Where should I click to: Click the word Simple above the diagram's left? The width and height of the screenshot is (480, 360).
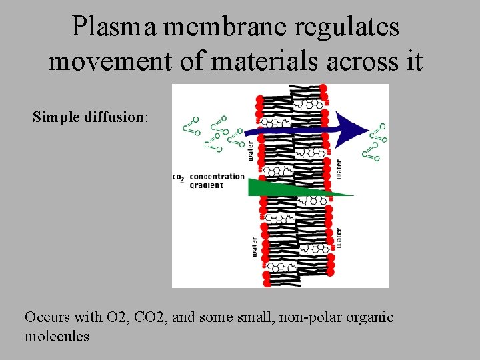(x=57, y=117)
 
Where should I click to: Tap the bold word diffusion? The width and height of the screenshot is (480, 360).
(x=114, y=117)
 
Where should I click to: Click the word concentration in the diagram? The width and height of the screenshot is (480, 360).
(x=217, y=177)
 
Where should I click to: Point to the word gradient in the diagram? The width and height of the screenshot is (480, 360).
(x=207, y=185)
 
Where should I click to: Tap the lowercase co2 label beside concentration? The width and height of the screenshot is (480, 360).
(x=178, y=177)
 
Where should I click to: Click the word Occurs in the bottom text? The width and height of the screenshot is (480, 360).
(x=47, y=317)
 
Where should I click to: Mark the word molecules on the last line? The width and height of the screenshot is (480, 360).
(x=57, y=336)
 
